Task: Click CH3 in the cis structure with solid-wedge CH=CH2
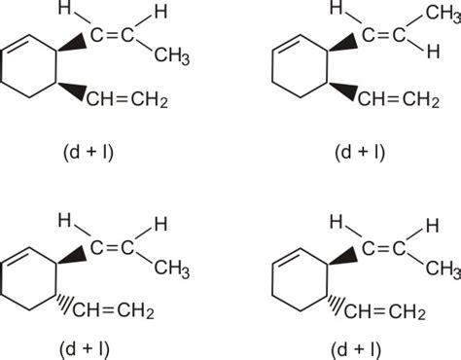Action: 171,56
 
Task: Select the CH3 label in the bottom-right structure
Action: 441,267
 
